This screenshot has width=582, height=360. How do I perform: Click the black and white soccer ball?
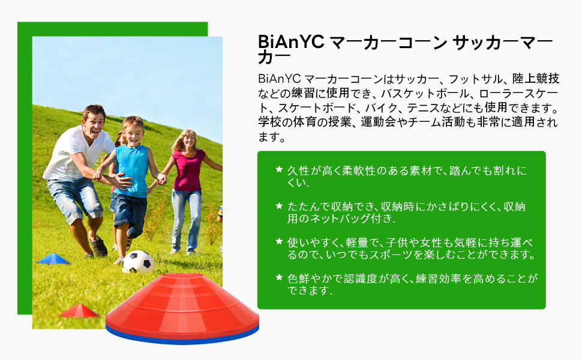click(138, 262)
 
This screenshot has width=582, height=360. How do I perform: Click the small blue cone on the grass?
click(54, 259)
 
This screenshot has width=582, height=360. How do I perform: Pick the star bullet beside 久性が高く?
click(279, 170)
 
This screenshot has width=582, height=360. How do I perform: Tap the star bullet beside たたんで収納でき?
click(279, 206)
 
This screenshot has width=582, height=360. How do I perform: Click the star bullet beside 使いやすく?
click(279, 242)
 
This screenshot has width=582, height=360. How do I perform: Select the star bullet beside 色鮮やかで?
click(279, 278)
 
